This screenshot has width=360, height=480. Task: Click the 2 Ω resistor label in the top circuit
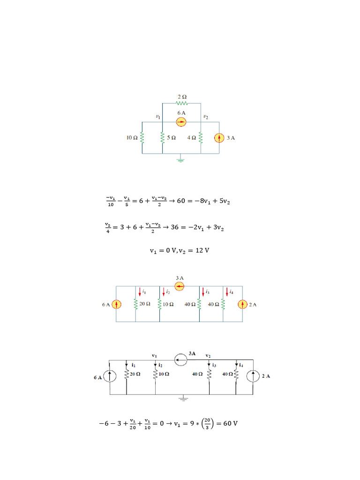tap(182, 97)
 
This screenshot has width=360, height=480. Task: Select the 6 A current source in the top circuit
tap(181, 122)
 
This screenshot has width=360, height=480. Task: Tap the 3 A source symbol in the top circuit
tap(219, 138)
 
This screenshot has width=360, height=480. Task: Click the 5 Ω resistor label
tap(172, 138)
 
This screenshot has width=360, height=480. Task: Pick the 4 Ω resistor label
tap(192, 138)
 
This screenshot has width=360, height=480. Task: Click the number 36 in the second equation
tap(174, 227)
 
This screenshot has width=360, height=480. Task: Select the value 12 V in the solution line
tap(202, 250)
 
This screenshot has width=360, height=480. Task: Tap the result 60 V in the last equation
tap(231, 423)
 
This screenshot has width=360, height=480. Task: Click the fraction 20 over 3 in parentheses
tap(207, 424)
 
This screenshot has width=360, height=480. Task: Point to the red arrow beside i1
tap(140, 292)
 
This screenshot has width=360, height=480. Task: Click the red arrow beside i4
tap(227, 292)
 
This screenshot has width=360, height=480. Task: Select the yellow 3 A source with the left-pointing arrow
tap(180, 286)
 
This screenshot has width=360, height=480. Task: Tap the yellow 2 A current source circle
tap(242, 305)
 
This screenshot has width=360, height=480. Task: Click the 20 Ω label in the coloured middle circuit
tap(145, 304)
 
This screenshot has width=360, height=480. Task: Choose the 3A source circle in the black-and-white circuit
tap(180, 360)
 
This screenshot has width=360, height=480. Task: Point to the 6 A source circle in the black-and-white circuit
tap(110, 376)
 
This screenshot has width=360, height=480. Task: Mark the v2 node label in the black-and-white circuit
tap(208, 356)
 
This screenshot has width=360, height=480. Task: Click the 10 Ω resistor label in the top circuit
tap(132, 138)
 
